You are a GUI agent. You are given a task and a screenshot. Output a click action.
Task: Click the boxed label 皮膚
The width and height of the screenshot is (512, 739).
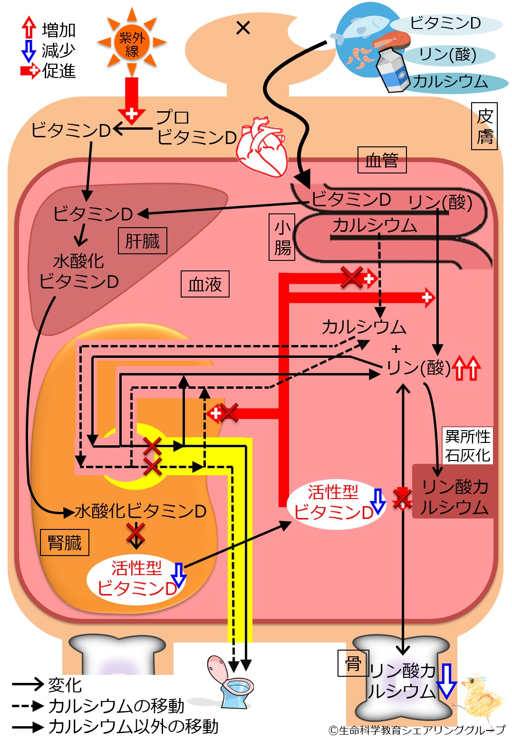coord(484,126)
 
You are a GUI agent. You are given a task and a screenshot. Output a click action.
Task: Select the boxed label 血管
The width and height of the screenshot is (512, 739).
coord(382,160)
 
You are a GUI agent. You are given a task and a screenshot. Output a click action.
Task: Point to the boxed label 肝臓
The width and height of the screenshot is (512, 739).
coord(142,240)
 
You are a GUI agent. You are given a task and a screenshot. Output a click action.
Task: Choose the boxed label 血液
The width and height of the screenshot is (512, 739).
coord(205,284)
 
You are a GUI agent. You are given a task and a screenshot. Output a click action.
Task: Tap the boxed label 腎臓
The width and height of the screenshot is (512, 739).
coord(65,542)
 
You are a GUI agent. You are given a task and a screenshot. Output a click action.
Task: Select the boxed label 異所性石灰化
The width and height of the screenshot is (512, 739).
coord(467,445)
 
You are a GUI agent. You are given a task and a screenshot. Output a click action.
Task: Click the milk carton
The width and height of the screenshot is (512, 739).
coord(393,70)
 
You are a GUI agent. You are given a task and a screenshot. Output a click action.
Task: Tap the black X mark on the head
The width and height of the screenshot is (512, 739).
coord(243,28)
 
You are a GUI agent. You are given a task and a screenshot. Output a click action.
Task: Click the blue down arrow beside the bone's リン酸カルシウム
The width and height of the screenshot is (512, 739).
coord(446,681)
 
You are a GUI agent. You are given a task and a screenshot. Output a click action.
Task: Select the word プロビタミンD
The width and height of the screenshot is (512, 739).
coord(196,127)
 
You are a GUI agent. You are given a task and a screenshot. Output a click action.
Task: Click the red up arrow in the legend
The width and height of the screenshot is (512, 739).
coord(29,28)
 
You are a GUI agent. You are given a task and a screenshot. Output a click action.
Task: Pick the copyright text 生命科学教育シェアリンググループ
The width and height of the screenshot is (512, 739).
coord(417,730)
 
